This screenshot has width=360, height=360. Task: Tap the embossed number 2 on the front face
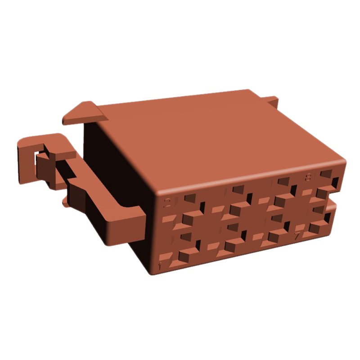coord(167,203)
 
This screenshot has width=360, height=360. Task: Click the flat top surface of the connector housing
coord(216,135)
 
